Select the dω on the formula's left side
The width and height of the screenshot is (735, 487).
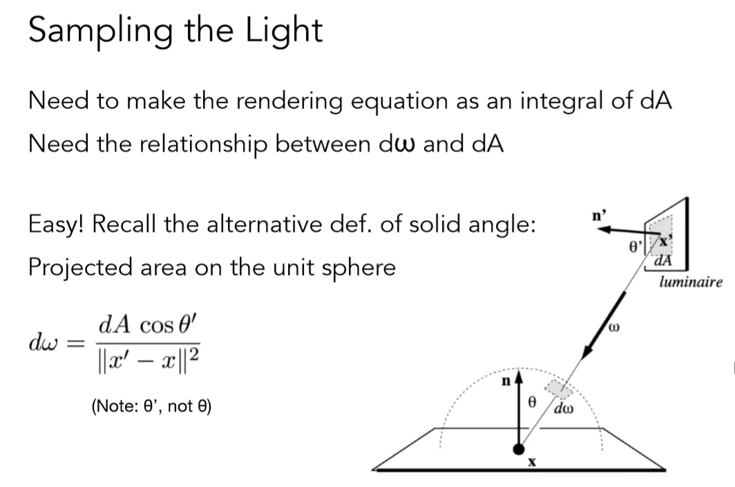click(x=40, y=343)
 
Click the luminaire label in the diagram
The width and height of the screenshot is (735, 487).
click(x=691, y=282)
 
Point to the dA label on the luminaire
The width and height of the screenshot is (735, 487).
click(x=662, y=262)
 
